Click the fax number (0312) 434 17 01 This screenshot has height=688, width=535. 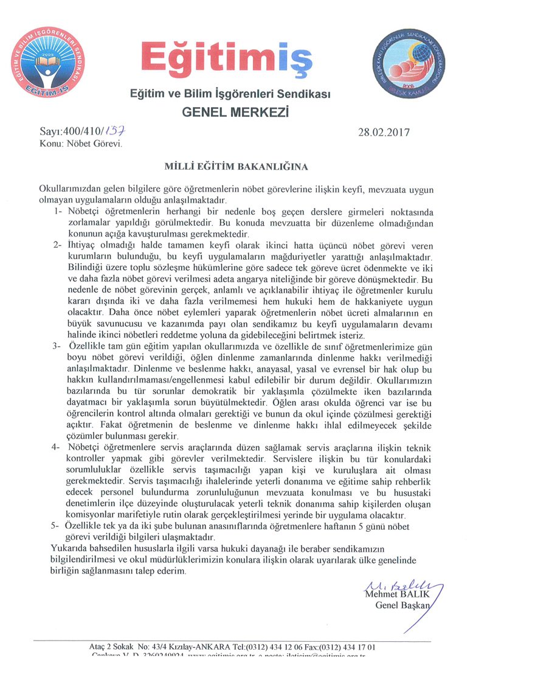pyautogui.click(x=341, y=647)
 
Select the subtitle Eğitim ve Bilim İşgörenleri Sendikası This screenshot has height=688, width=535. pyautogui.click(x=231, y=94)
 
